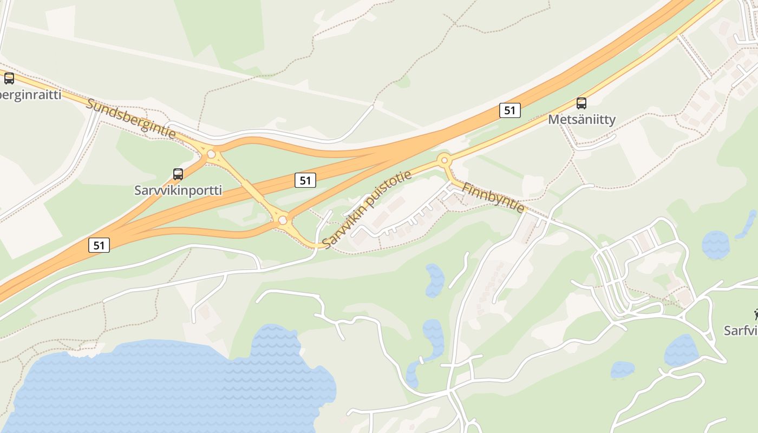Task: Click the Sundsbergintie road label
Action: [131, 119]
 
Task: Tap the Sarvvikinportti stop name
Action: [178, 191]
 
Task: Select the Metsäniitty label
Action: [581, 119]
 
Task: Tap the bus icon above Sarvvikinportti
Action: [178, 174]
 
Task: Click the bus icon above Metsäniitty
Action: [581, 103]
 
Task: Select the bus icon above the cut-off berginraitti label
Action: [9, 78]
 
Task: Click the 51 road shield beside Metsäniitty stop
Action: [509, 110]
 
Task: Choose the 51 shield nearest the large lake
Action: [99, 245]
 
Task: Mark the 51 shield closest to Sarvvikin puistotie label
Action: [305, 180]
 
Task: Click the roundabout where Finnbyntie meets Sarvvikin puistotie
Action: [445, 160]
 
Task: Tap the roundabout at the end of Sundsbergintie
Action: [211, 154]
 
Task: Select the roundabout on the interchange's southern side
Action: [282, 220]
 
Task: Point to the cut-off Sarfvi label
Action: [742, 330]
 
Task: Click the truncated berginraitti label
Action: [31, 95]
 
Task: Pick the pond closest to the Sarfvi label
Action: [681, 351]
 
